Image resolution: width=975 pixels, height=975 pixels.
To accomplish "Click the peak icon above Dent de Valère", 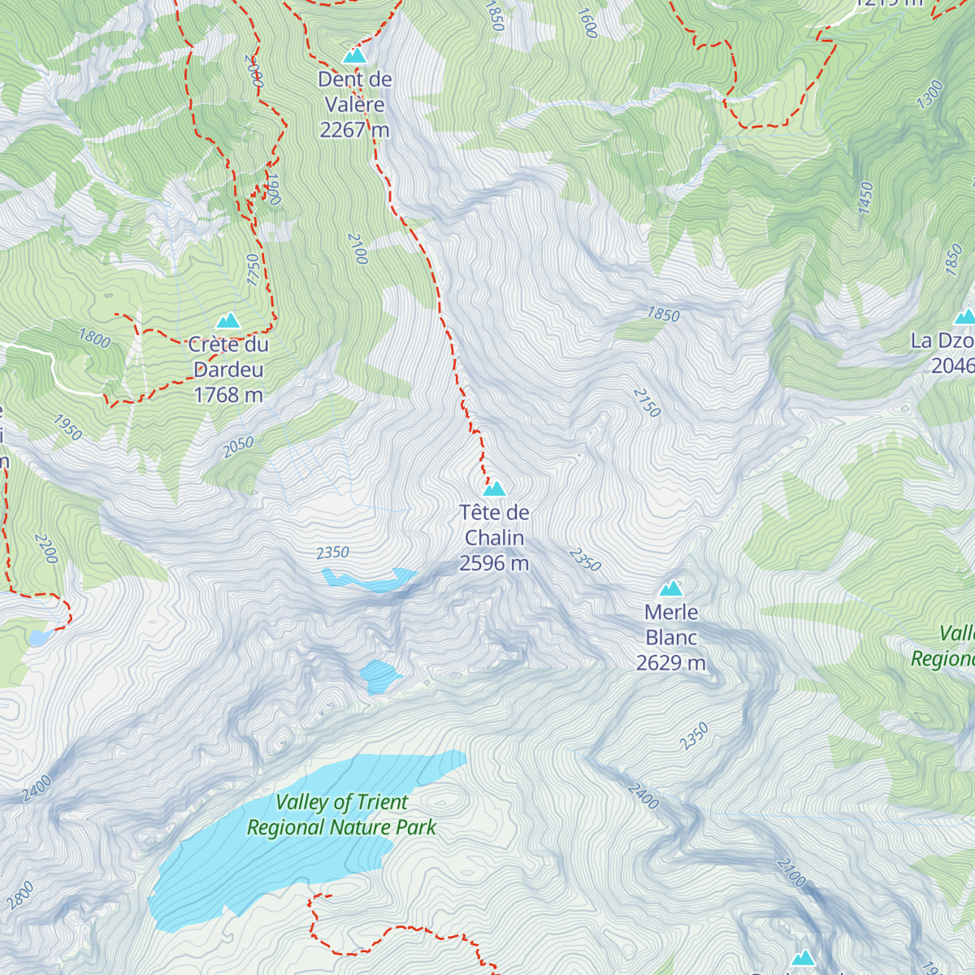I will [354, 55].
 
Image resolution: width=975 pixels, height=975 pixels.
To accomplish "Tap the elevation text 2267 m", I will [354, 130].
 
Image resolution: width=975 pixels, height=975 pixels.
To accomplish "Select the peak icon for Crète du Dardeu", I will [228, 321].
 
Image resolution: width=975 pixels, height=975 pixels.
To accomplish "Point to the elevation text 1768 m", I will [228, 395].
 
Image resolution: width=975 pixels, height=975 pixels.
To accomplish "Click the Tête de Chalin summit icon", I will [494, 488].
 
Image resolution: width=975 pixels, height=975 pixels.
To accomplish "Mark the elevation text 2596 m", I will [494, 563].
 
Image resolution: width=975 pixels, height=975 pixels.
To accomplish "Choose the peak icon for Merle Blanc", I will [671, 588].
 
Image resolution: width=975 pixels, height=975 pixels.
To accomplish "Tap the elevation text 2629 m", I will [671, 663].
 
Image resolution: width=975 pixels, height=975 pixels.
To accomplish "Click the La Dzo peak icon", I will [965, 317].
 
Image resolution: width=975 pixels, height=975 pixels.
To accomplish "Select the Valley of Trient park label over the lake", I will [341, 815].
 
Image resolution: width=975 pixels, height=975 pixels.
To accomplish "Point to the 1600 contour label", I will [587, 23].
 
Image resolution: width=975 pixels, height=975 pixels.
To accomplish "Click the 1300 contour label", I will [929, 95].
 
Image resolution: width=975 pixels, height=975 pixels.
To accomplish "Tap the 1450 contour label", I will [865, 198].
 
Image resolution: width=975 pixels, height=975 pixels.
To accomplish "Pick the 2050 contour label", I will [238, 447].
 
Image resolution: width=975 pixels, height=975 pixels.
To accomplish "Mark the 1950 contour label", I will [67, 427].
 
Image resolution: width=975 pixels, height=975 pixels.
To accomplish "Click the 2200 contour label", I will [46, 549].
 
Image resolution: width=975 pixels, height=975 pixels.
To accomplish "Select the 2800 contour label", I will [20, 895].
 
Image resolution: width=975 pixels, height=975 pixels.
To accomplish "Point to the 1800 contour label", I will [94, 337].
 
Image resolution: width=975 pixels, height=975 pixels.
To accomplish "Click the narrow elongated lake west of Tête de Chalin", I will [370, 580].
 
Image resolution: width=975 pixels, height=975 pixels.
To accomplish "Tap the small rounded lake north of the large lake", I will [379, 674].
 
